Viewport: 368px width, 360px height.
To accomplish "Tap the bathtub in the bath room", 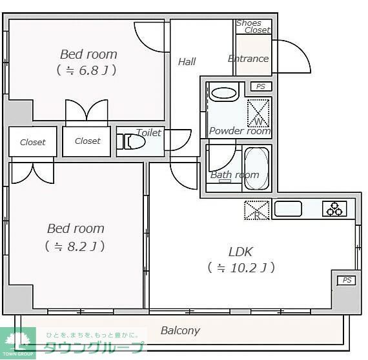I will coord(256,169).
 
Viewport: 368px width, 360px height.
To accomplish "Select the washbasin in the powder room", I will coord(224,92).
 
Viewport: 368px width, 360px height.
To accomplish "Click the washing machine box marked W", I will coord(259,112).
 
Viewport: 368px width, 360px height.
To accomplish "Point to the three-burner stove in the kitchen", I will coord(335,209).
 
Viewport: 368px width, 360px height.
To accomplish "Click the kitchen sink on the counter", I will coord(288,209).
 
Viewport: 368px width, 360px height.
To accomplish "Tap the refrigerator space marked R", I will coord(256,210).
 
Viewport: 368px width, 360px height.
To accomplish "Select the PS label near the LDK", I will coord(347,280).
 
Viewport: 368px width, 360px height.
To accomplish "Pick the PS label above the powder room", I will coord(260,86).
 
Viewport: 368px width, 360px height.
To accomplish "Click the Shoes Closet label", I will coord(252,26).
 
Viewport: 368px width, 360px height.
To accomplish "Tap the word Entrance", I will coord(248,59).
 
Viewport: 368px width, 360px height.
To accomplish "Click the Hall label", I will coord(187,62).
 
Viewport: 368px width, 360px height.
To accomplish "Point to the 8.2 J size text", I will coord(75,246).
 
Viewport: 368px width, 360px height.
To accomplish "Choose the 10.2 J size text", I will coord(241,267).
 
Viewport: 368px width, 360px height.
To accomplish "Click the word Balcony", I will coord(180,330).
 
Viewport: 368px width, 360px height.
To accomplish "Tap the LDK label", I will coord(240,251).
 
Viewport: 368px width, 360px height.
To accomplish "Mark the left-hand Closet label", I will coord(32,142).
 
